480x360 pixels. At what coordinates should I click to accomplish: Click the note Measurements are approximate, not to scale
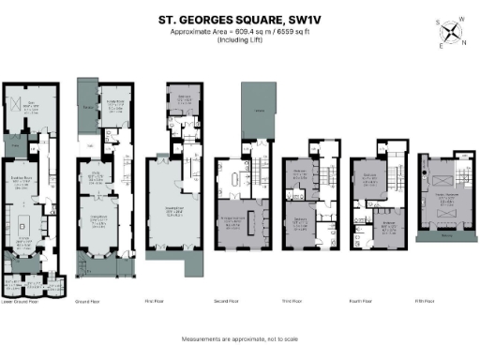[x=239, y=337]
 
